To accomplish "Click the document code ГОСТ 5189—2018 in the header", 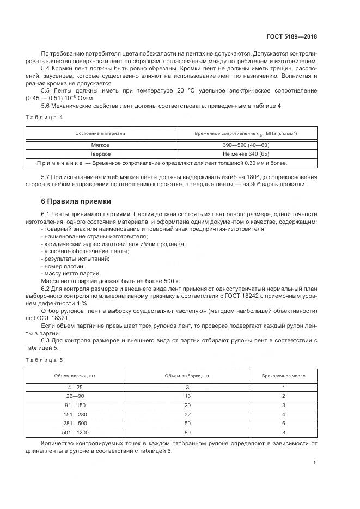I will pyautogui.click(x=291, y=37).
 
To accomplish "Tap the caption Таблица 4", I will pyautogui.click(x=45, y=117).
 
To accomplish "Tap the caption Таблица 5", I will pyautogui.click(x=45, y=360).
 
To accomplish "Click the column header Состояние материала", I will pyautogui.click(x=100, y=133).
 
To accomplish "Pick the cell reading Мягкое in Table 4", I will pyautogui.click(x=100, y=145).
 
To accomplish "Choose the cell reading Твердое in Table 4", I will pyautogui.click(x=100, y=154).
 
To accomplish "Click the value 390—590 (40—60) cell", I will pyautogui.click(x=246, y=145).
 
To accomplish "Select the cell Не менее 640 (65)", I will pyautogui.click(x=246, y=154).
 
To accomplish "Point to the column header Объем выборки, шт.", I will pyautogui.click(x=188, y=376).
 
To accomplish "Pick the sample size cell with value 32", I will pyautogui.click(x=188, y=414).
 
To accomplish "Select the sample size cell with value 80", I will pyautogui.click(x=188, y=432).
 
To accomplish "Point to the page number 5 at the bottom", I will pyautogui.click(x=315, y=463).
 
